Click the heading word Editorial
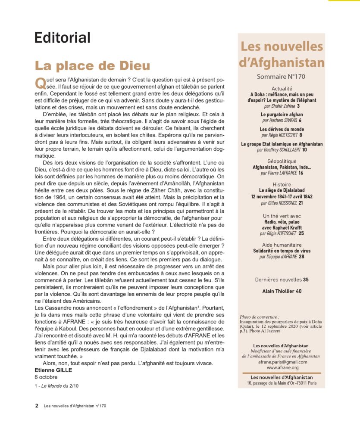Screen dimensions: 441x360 pyautogui.click(x=63, y=37)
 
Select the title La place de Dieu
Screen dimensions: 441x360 pyautogui.click(x=92, y=65)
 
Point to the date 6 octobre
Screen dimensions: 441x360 pyautogui.click(x=46, y=377)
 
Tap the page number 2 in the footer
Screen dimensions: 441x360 pyautogui.click(x=37, y=406)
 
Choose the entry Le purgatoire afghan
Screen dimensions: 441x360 pyautogui.click(x=282, y=115)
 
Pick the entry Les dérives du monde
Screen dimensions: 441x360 pyautogui.click(x=282, y=129)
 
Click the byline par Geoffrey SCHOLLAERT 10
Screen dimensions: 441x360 pyautogui.click(x=282, y=150)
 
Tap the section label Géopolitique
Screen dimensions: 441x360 pyautogui.click(x=282, y=161)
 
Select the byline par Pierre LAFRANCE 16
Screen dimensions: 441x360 pyautogui.click(x=282, y=173)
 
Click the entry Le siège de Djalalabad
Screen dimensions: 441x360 pyautogui.click(x=282, y=190)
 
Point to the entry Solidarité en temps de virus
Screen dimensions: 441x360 pyautogui.click(x=282, y=251)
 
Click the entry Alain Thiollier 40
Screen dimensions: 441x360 pyautogui.click(x=282, y=291)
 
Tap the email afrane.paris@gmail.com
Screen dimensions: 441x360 pyautogui.click(x=282, y=362)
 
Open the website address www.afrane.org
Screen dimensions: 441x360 pyautogui.click(x=282, y=368)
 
